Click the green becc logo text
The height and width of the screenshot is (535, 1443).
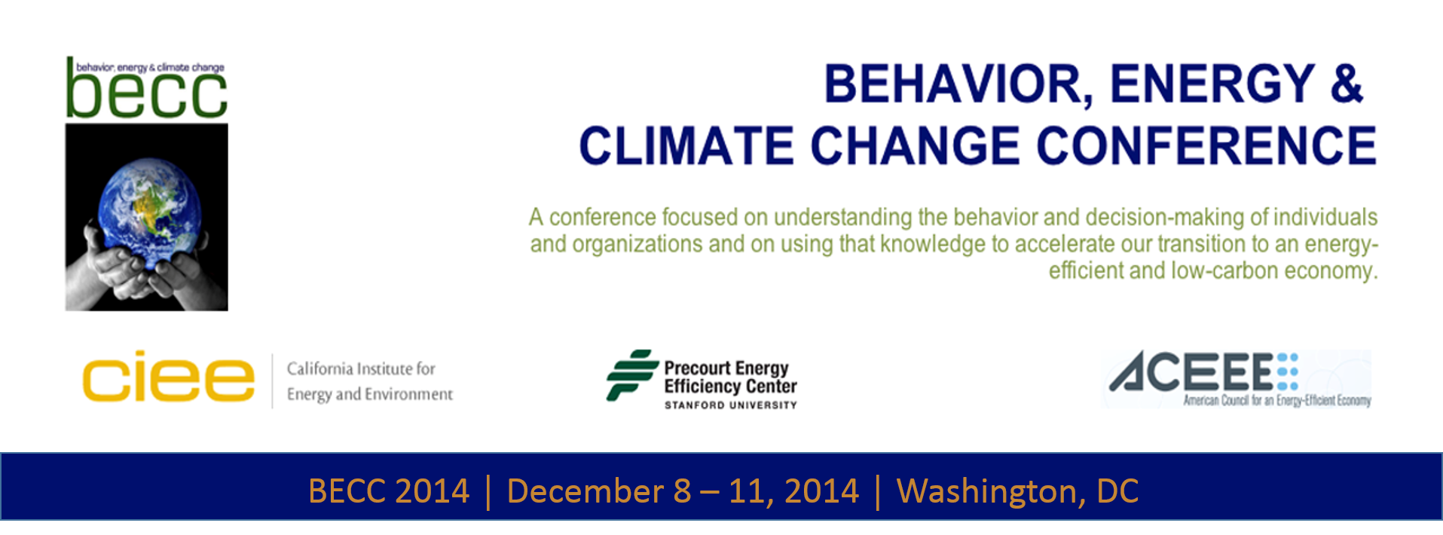tap(147, 92)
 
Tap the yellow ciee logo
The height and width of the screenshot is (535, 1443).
tap(169, 376)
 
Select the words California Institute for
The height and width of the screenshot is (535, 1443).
tap(361, 368)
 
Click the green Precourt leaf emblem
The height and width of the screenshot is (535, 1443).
tap(631, 374)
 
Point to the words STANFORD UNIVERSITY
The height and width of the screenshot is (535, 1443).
tap(730, 405)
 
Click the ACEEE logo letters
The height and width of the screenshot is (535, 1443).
tap(1191, 371)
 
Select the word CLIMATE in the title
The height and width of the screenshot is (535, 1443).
tap(686, 145)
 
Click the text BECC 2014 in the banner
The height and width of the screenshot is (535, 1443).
tap(389, 491)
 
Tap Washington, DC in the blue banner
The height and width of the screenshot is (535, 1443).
tap(1017, 492)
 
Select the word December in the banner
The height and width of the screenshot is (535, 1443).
tap(585, 491)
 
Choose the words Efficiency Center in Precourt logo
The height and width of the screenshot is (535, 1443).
tap(730, 387)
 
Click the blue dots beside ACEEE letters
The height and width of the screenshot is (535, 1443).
tap(1288, 371)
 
